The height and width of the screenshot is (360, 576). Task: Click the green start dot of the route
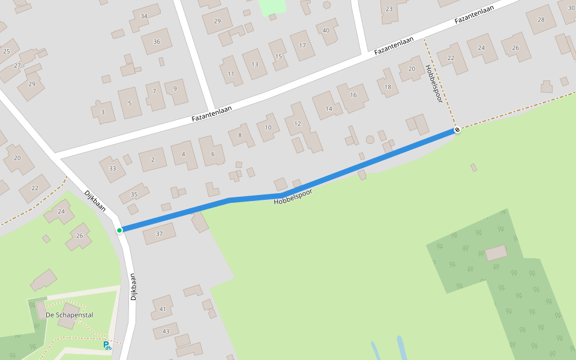click(x=119, y=230)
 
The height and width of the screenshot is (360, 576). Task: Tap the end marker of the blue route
click(x=457, y=130)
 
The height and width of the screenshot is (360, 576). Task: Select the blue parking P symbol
click(x=106, y=345)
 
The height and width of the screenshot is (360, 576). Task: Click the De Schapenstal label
click(x=70, y=315)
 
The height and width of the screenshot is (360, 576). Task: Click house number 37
click(x=159, y=233)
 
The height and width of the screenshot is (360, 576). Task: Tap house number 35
click(x=134, y=194)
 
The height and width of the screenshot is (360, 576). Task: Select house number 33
click(x=112, y=168)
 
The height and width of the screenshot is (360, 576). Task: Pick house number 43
click(x=166, y=331)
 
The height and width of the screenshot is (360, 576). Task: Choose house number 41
click(x=163, y=309)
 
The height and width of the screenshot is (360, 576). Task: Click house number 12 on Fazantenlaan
click(x=298, y=124)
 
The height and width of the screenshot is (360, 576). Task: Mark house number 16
click(x=353, y=95)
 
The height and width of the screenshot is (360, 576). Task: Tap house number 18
click(x=388, y=87)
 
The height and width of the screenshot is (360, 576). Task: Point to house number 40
click(x=326, y=31)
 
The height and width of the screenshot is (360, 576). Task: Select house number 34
click(x=143, y=16)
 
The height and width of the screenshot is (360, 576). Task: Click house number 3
click(x=103, y=112)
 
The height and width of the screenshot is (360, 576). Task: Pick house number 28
click(x=541, y=20)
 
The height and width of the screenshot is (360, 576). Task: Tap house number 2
click(x=153, y=160)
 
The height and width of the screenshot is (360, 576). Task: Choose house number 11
click(x=230, y=74)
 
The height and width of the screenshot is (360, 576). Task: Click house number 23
click(x=389, y=9)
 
